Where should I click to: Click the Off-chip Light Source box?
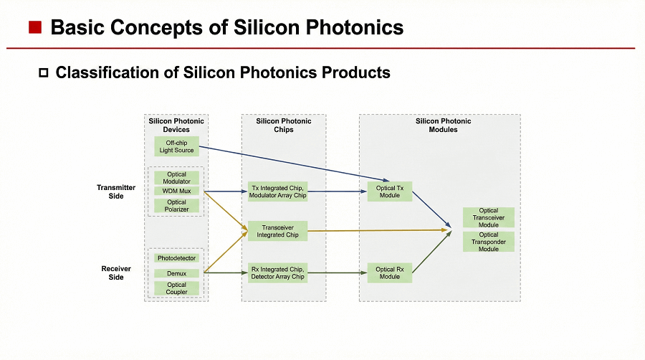pyautogui.click(x=176, y=147)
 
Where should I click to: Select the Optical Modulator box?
pyautogui.click(x=176, y=178)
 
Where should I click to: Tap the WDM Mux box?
pyautogui.click(x=176, y=191)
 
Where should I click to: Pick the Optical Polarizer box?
pyautogui.click(x=176, y=206)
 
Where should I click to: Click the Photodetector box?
pyautogui.click(x=176, y=258)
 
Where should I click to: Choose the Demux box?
pyautogui.click(x=176, y=273)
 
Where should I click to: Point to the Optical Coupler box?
pyautogui.click(x=176, y=288)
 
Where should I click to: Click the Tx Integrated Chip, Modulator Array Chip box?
pyautogui.click(x=277, y=191)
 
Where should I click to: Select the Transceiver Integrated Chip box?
pyautogui.click(x=277, y=231)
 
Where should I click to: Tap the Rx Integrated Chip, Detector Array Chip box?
pyautogui.click(x=277, y=273)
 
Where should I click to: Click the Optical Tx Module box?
pyautogui.click(x=390, y=191)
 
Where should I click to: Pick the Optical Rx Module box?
pyautogui.click(x=390, y=273)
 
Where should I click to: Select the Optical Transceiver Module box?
pyautogui.click(x=488, y=218)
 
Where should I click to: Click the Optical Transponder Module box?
pyautogui.click(x=488, y=242)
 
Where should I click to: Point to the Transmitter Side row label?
pyautogui.click(x=115, y=191)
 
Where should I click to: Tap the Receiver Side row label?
pyautogui.click(x=115, y=273)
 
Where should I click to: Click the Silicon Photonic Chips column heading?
pyautogui.click(x=284, y=125)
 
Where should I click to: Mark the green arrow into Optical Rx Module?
pyautogui.click(x=337, y=273)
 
